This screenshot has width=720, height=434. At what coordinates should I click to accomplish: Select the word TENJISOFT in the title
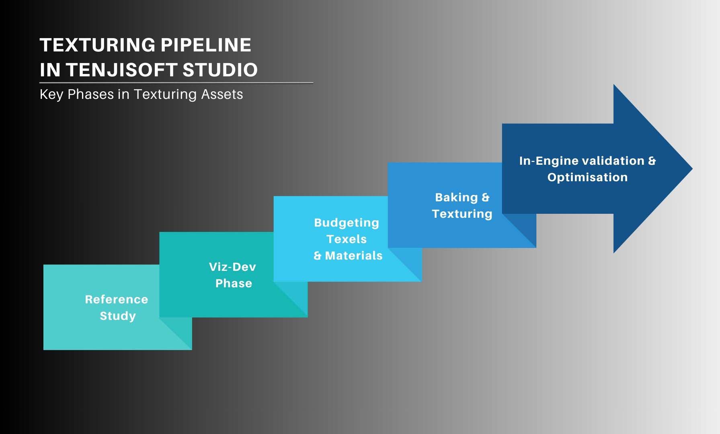click(122, 70)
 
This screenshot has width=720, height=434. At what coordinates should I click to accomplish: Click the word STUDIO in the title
click(220, 70)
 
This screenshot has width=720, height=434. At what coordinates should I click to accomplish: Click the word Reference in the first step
click(117, 299)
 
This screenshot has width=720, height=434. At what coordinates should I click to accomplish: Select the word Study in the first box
click(118, 316)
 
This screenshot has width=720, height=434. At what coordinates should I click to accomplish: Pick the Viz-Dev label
click(232, 267)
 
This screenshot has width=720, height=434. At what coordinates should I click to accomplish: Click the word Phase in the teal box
click(234, 283)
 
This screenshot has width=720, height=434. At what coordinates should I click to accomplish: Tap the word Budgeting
click(347, 223)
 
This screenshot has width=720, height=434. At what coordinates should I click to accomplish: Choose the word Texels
click(347, 239)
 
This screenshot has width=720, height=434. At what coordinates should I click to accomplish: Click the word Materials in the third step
click(354, 256)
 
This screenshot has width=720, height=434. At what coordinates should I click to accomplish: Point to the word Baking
click(456, 197)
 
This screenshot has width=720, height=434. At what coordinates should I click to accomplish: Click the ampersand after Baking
click(486, 197)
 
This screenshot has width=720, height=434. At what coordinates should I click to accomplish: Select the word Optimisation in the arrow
click(587, 177)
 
